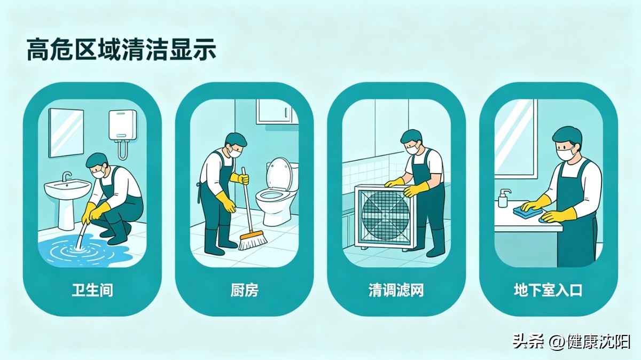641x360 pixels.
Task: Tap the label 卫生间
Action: (x=92, y=291)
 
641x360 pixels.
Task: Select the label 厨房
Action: (x=245, y=291)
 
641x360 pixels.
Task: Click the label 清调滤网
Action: (x=396, y=291)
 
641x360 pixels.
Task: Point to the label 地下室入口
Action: (x=548, y=291)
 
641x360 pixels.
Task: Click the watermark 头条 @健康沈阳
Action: (x=571, y=341)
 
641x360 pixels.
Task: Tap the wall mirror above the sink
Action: (x=66, y=132)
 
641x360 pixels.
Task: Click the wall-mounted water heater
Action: (x=123, y=126)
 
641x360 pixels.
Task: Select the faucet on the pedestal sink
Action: (x=66, y=176)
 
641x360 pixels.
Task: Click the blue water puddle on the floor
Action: (x=83, y=250)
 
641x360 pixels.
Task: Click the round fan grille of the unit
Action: (x=386, y=212)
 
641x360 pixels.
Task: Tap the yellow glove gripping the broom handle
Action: (x=240, y=178)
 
